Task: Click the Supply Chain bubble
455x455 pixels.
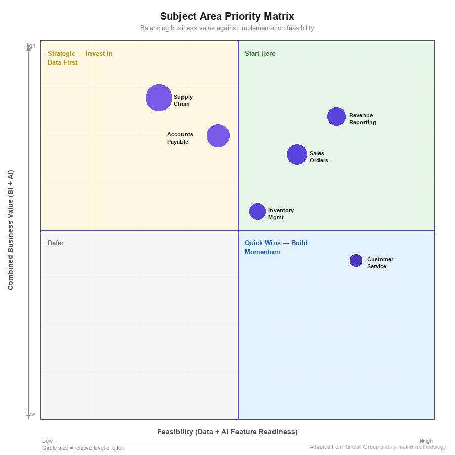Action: (x=159, y=98)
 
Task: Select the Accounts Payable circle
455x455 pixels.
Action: (x=218, y=135)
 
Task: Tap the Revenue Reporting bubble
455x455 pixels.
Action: (x=336, y=117)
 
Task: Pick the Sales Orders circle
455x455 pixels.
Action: (x=297, y=155)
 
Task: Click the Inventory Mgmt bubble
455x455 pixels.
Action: (x=257, y=212)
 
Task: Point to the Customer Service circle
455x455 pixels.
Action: (x=356, y=261)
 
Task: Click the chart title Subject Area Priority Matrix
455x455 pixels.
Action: (x=227, y=16)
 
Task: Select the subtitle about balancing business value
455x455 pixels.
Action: (x=227, y=28)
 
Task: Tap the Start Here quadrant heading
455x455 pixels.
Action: (x=260, y=54)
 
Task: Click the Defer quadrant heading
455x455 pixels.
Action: (x=56, y=243)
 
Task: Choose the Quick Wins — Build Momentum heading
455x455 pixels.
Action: (x=276, y=247)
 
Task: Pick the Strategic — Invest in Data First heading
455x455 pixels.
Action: (x=80, y=58)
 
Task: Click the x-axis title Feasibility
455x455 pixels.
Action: (x=227, y=432)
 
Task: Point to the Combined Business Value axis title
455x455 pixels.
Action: (x=11, y=230)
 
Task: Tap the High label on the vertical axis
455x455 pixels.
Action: (x=30, y=45)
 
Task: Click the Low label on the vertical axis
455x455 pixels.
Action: (x=30, y=414)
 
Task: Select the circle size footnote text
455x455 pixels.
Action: (x=83, y=448)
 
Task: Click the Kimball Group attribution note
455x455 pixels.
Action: (x=378, y=447)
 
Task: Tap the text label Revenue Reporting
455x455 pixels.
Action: (x=362, y=119)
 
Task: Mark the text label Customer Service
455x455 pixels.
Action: (x=380, y=263)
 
